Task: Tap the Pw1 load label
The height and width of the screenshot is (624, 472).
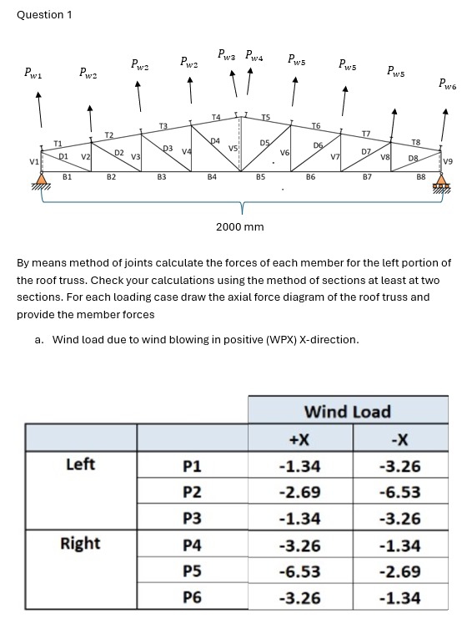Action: [x=38, y=73]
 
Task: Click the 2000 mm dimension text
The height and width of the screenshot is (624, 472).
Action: [x=239, y=227]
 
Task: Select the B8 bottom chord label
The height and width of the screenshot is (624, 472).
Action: [x=420, y=177]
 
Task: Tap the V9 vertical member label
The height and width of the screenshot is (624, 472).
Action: [x=449, y=160]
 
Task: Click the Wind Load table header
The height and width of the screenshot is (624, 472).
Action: [x=347, y=411]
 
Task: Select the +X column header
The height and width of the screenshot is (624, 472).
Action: [x=299, y=439]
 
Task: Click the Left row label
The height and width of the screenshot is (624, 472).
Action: [x=80, y=464]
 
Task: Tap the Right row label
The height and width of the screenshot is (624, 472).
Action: [x=80, y=544]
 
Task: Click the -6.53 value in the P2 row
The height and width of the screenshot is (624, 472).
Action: [x=399, y=492]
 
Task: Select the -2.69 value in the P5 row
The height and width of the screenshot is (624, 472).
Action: [x=399, y=571]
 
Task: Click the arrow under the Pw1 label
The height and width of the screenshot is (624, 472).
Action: [x=38, y=109]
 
